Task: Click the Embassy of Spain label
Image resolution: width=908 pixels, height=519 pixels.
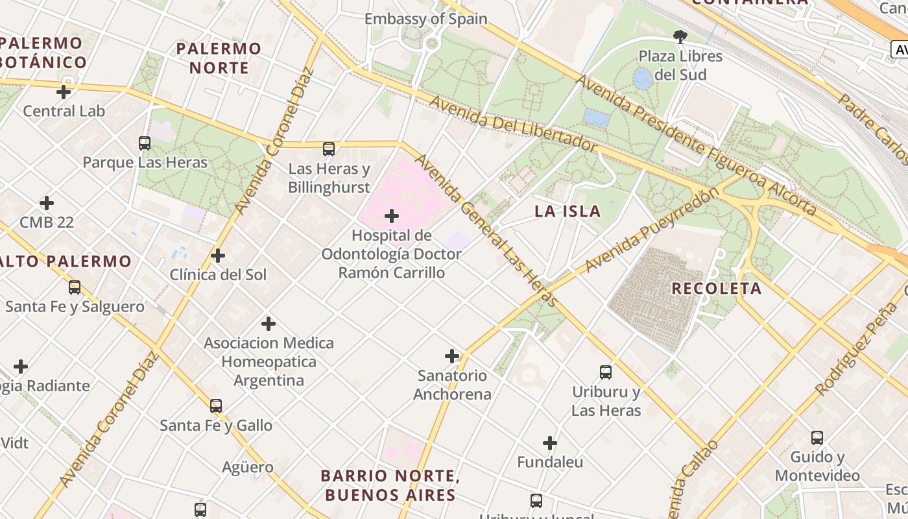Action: pos(425,19)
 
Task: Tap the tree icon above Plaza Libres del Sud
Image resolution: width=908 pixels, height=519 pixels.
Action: pos(680,37)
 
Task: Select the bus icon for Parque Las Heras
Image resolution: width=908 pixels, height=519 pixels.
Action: pos(145,143)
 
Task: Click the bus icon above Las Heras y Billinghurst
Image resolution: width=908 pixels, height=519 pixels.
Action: pos(329,149)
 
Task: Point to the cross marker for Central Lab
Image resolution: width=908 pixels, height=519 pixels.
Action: pos(64,92)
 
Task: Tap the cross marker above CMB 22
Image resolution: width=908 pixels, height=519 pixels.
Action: pos(47,203)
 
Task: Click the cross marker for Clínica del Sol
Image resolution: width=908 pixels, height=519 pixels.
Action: pos(218,256)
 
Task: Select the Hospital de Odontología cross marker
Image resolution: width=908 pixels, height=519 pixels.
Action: pos(392,216)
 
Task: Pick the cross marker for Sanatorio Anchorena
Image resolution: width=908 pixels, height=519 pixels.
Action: pos(452,356)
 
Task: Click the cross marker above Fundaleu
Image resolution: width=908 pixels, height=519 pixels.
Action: pos(550,443)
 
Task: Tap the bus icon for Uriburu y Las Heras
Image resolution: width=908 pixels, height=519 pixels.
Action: pos(606,372)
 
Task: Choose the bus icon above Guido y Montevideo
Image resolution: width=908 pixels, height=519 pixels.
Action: pos(817,438)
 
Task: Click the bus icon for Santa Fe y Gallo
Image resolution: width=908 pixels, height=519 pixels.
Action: pos(216,406)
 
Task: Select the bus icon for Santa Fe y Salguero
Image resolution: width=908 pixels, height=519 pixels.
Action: pos(75,287)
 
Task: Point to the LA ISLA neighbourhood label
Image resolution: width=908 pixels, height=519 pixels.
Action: pos(567,211)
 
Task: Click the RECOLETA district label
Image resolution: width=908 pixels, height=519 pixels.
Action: pos(717,289)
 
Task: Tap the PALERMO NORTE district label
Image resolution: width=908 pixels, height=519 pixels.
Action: pos(219,58)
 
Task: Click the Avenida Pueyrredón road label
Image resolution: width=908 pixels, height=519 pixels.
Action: pos(651,231)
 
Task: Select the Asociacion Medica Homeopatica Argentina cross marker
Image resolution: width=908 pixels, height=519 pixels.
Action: pos(269,324)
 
